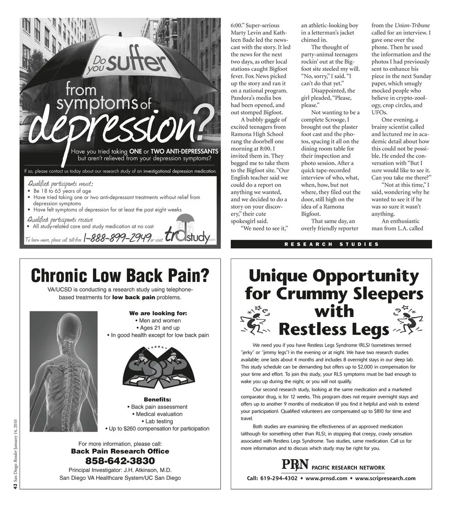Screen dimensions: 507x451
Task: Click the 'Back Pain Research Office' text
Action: click(120, 451)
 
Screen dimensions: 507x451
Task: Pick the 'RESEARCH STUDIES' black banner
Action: click(331, 244)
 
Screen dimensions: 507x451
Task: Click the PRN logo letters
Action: click(295, 466)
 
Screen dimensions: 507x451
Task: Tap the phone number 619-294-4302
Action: click(279, 478)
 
